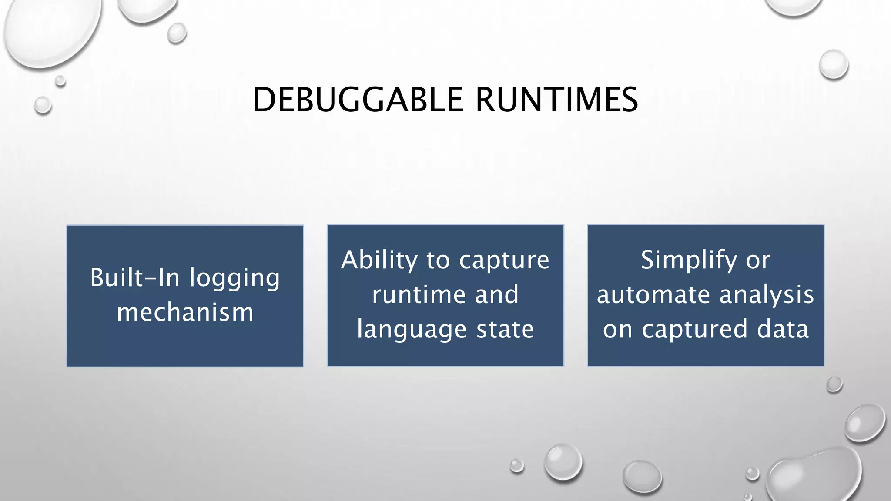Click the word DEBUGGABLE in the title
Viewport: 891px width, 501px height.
(x=358, y=100)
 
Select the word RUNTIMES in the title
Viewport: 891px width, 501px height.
(x=556, y=100)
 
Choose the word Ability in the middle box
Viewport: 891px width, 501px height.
(x=379, y=261)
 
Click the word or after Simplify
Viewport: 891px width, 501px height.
(x=758, y=260)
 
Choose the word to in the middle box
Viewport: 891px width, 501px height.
(x=438, y=260)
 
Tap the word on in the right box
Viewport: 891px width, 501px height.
(x=617, y=329)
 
